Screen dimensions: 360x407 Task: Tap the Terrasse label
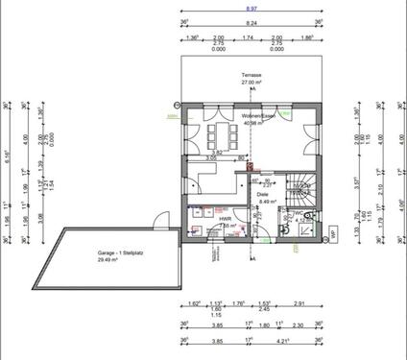(252, 75)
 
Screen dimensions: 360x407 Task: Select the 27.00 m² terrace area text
(252, 83)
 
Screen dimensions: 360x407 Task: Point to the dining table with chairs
(220, 132)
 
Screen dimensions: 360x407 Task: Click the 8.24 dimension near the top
(251, 21)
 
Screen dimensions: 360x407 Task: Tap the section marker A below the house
(252, 257)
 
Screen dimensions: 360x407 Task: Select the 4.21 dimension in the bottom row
(286, 340)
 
